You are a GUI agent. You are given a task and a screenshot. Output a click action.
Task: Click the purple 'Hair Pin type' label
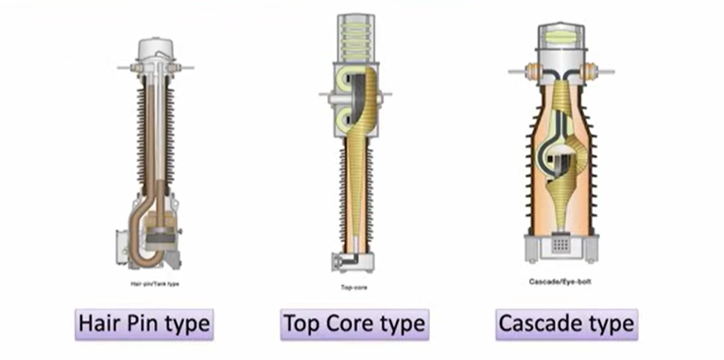tap(144, 324)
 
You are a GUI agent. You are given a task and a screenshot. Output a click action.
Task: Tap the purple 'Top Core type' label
tap(354, 324)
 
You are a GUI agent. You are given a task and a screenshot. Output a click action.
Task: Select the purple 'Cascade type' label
tap(566, 324)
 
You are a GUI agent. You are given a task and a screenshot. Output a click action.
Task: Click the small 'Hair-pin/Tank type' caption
tap(155, 283)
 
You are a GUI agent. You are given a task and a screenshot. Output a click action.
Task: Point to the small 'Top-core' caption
tap(354, 287)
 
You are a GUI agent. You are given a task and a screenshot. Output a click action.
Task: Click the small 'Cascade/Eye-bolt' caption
tap(560, 281)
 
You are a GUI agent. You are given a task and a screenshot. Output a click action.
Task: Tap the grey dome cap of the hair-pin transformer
tap(156, 49)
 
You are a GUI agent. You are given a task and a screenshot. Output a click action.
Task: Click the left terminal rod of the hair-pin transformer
tap(126, 68)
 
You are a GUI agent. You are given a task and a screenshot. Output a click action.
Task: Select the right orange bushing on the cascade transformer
tap(589, 72)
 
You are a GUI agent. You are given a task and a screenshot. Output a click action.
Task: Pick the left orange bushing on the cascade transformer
tap(533, 72)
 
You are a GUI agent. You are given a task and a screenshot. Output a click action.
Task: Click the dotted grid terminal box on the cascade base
tap(560, 244)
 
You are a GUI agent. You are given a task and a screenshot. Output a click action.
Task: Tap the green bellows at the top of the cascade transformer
tap(561, 38)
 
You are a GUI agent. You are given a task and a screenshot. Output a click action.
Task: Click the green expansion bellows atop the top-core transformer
tap(355, 37)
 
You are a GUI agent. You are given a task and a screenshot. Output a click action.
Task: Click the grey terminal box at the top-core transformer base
tap(341, 261)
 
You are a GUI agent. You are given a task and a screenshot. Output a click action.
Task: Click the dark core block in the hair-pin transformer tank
tap(161, 235)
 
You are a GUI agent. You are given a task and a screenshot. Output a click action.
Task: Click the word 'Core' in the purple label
tap(353, 324)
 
